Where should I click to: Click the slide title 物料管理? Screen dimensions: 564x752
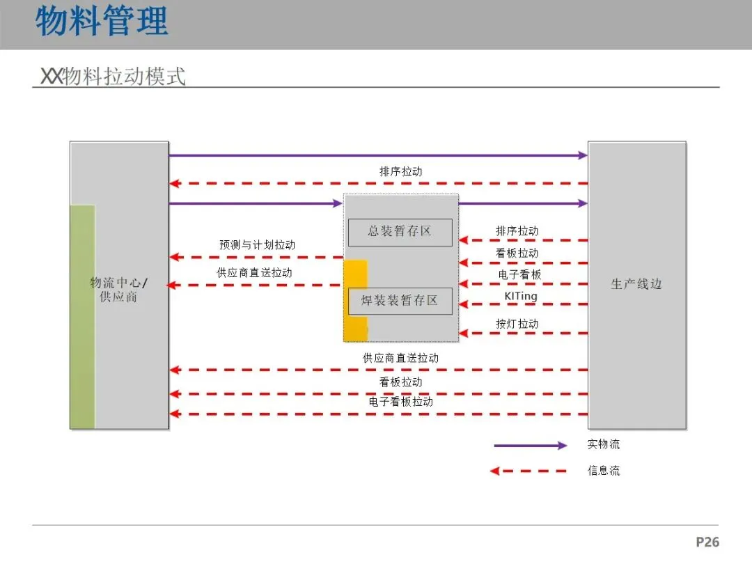[x=102, y=21]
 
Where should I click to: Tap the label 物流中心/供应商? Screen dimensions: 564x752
[x=118, y=290]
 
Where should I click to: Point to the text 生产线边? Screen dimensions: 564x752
[x=636, y=284]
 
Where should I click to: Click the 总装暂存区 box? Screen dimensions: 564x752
[x=400, y=232]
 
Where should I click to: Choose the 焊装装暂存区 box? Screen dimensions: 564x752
[x=400, y=301]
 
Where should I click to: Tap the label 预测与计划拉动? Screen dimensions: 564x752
[x=257, y=245]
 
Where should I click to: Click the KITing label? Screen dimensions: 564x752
[x=521, y=297]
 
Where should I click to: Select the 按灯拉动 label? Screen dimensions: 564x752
[x=517, y=324]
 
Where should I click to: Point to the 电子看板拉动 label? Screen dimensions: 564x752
[x=400, y=402]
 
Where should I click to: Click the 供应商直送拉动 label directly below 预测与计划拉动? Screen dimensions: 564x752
[x=254, y=273]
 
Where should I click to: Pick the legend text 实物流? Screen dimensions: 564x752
[x=603, y=444]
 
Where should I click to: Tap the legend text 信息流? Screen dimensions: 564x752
[x=603, y=471]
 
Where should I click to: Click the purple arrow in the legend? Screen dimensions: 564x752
[x=530, y=446]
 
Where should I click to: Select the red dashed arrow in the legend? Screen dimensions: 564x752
[x=528, y=471]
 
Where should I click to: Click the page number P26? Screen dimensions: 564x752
[x=707, y=542]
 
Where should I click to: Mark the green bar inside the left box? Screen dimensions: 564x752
[x=82, y=317]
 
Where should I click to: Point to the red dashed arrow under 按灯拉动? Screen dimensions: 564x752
[x=523, y=334]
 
